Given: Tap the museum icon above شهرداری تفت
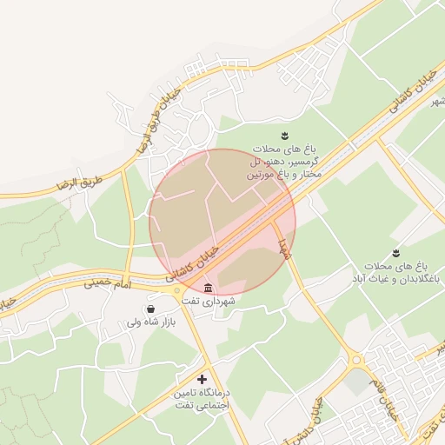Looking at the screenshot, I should [207, 288].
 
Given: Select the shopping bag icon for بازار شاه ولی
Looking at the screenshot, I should [152, 309].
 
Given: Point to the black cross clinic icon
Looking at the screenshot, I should [203, 380].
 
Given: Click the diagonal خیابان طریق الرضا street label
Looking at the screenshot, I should [158, 116].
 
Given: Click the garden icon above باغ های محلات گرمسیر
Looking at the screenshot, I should [282, 134].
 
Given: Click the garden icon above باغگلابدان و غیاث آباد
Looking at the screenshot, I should [395, 252].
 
